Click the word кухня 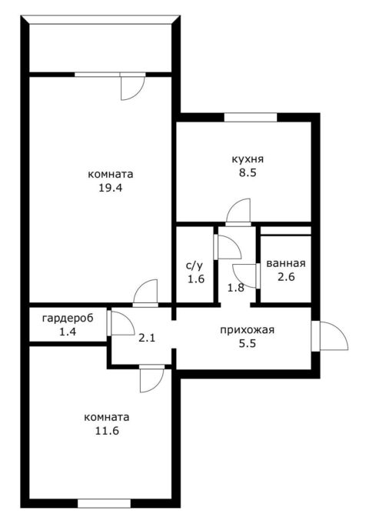tap(248, 159)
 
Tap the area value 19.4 tap(110, 188)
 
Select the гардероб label tap(68, 318)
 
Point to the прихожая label tap(247, 330)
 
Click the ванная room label tap(286, 263)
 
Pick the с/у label tap(194, 265)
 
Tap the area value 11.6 tap(107, 431)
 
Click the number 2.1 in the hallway tap(147, 339)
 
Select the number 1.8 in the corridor tap(236, 288)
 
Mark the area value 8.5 tap(248, 173)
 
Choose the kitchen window tap(251, 118)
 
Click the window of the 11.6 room tap(105, 503)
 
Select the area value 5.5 tap(248, 343)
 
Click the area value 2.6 tap(286, 277)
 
